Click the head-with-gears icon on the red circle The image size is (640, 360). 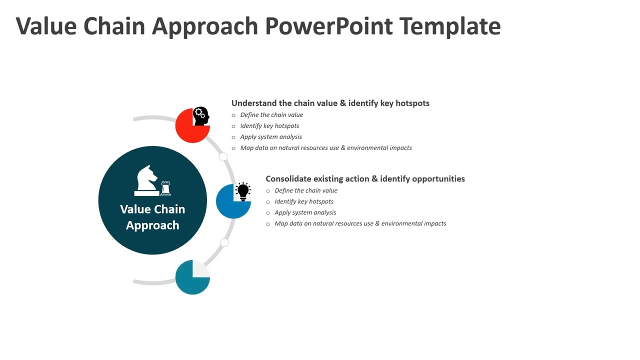201,116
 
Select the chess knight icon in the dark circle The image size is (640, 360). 146,179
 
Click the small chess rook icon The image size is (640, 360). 165,188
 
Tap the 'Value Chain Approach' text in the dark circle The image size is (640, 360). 152,217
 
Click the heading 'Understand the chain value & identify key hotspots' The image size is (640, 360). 330,103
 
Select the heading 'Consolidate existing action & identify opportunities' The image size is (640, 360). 365,178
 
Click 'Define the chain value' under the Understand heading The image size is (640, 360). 271,115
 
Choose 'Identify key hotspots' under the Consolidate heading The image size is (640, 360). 304,201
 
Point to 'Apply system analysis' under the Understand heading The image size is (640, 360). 271,137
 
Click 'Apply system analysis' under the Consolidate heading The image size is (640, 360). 305,212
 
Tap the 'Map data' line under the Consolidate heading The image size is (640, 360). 360,223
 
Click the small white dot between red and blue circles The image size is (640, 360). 223,157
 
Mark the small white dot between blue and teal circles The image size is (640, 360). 224,242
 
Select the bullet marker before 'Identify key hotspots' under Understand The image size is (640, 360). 233,126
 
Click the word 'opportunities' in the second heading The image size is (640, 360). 438,178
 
